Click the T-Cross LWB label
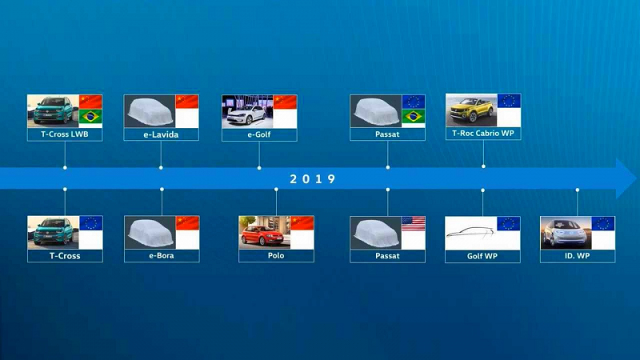[65, 134]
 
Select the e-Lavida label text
[161, 134]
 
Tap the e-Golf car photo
[247, 112]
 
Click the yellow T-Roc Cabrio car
[471, 110]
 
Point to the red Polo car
[262, 234]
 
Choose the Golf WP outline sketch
[470, 232]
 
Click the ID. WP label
[577, 256]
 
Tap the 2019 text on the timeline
[312, 178]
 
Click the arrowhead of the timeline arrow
[626, 178]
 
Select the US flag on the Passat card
[413, 224]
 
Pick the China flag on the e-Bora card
[187, 223]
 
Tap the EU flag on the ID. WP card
[603, 224]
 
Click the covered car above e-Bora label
[150, 233]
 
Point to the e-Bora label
[162, 255]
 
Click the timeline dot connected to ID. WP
[577, 190]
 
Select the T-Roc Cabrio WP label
[483, 133]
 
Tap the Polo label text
[276, 255]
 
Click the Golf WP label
[482, 256]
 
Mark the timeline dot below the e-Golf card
[259, 168]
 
